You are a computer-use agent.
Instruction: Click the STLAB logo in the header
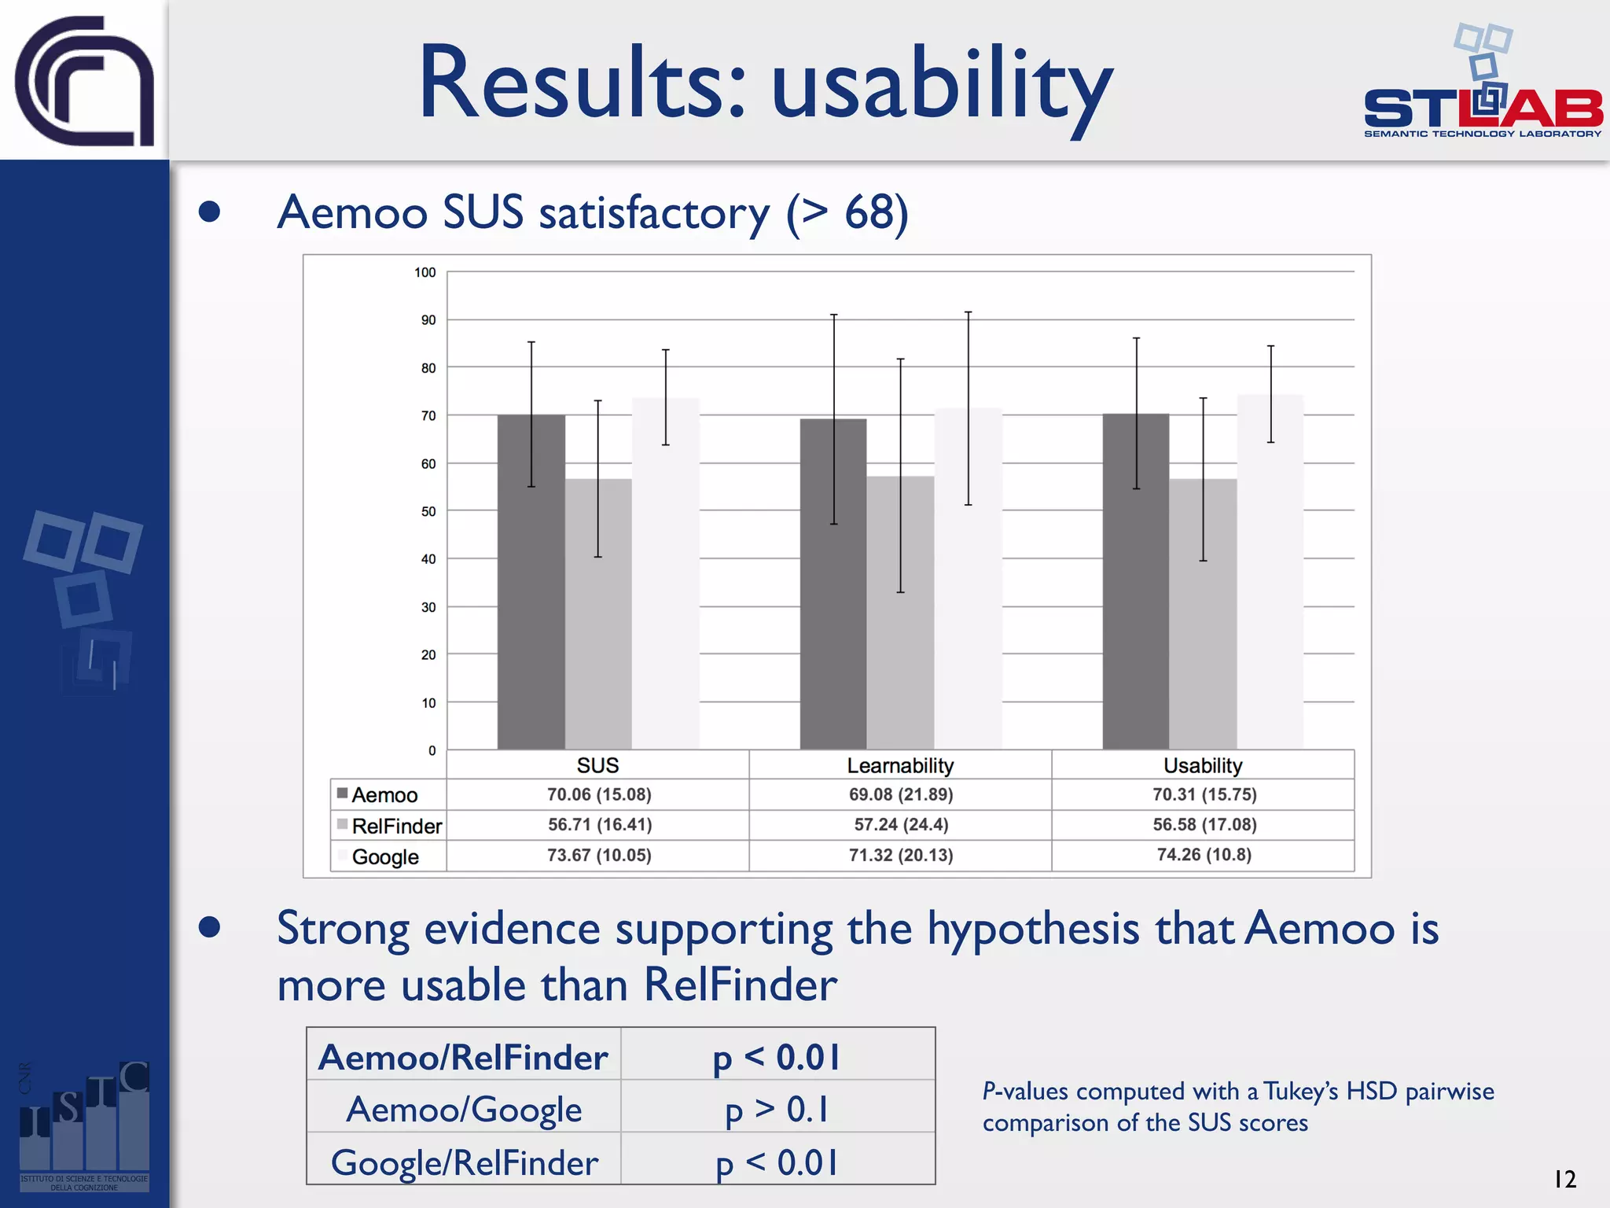tap(1483, 87)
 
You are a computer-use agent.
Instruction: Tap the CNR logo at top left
tap(84, 80)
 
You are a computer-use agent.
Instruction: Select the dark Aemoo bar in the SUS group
tap(531, 582)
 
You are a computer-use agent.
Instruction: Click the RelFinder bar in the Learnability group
tap(900, 613)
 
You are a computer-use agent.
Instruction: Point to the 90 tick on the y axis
tap(428, 320)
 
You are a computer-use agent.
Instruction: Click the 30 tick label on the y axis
tap(428, 607)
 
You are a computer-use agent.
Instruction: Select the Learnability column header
tap(900, 765)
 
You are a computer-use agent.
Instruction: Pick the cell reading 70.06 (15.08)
tap(599, 794)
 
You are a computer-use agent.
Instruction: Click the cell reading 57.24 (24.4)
tap(901, 825)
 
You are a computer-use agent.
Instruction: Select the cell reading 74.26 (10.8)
tap(1204, 855)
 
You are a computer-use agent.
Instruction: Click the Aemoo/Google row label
tap(464, 1110)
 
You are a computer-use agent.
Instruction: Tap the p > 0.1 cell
tap(777, 1110)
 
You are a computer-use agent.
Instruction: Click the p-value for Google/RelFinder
tap(777, 1162)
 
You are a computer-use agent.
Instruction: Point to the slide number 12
tap(1564, 1179)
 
